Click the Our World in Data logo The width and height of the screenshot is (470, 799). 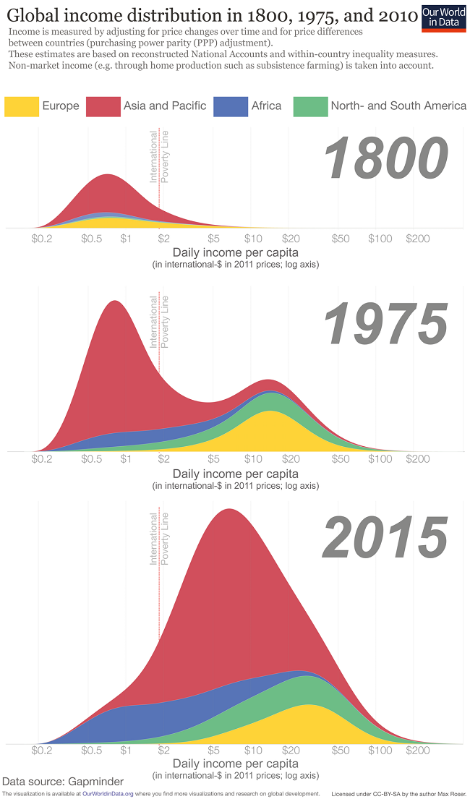(x=443, y=17)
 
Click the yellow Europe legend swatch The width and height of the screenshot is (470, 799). (x=22, y=106)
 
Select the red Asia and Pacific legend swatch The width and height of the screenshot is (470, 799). (x=103, y=106)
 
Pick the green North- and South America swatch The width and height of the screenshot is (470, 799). (x=309, y=106)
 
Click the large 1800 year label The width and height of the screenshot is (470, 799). (x=386, y=159)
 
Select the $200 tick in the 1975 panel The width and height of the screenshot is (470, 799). (x=418, y=459)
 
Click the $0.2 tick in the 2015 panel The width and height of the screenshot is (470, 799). (x=43, y=751)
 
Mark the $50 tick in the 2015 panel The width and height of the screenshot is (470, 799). (x=340, y=751)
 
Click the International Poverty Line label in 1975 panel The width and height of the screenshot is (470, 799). (x=159, y=322)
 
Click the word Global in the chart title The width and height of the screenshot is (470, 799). (x=33, y=16)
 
